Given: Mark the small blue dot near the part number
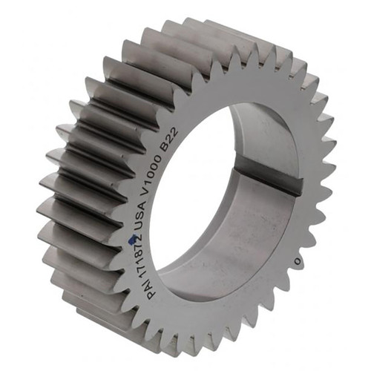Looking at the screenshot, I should (132, 239).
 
